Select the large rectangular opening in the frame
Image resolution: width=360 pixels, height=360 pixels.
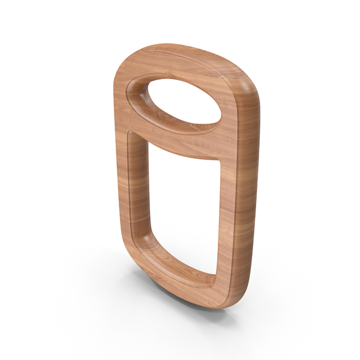pos(180,204)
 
